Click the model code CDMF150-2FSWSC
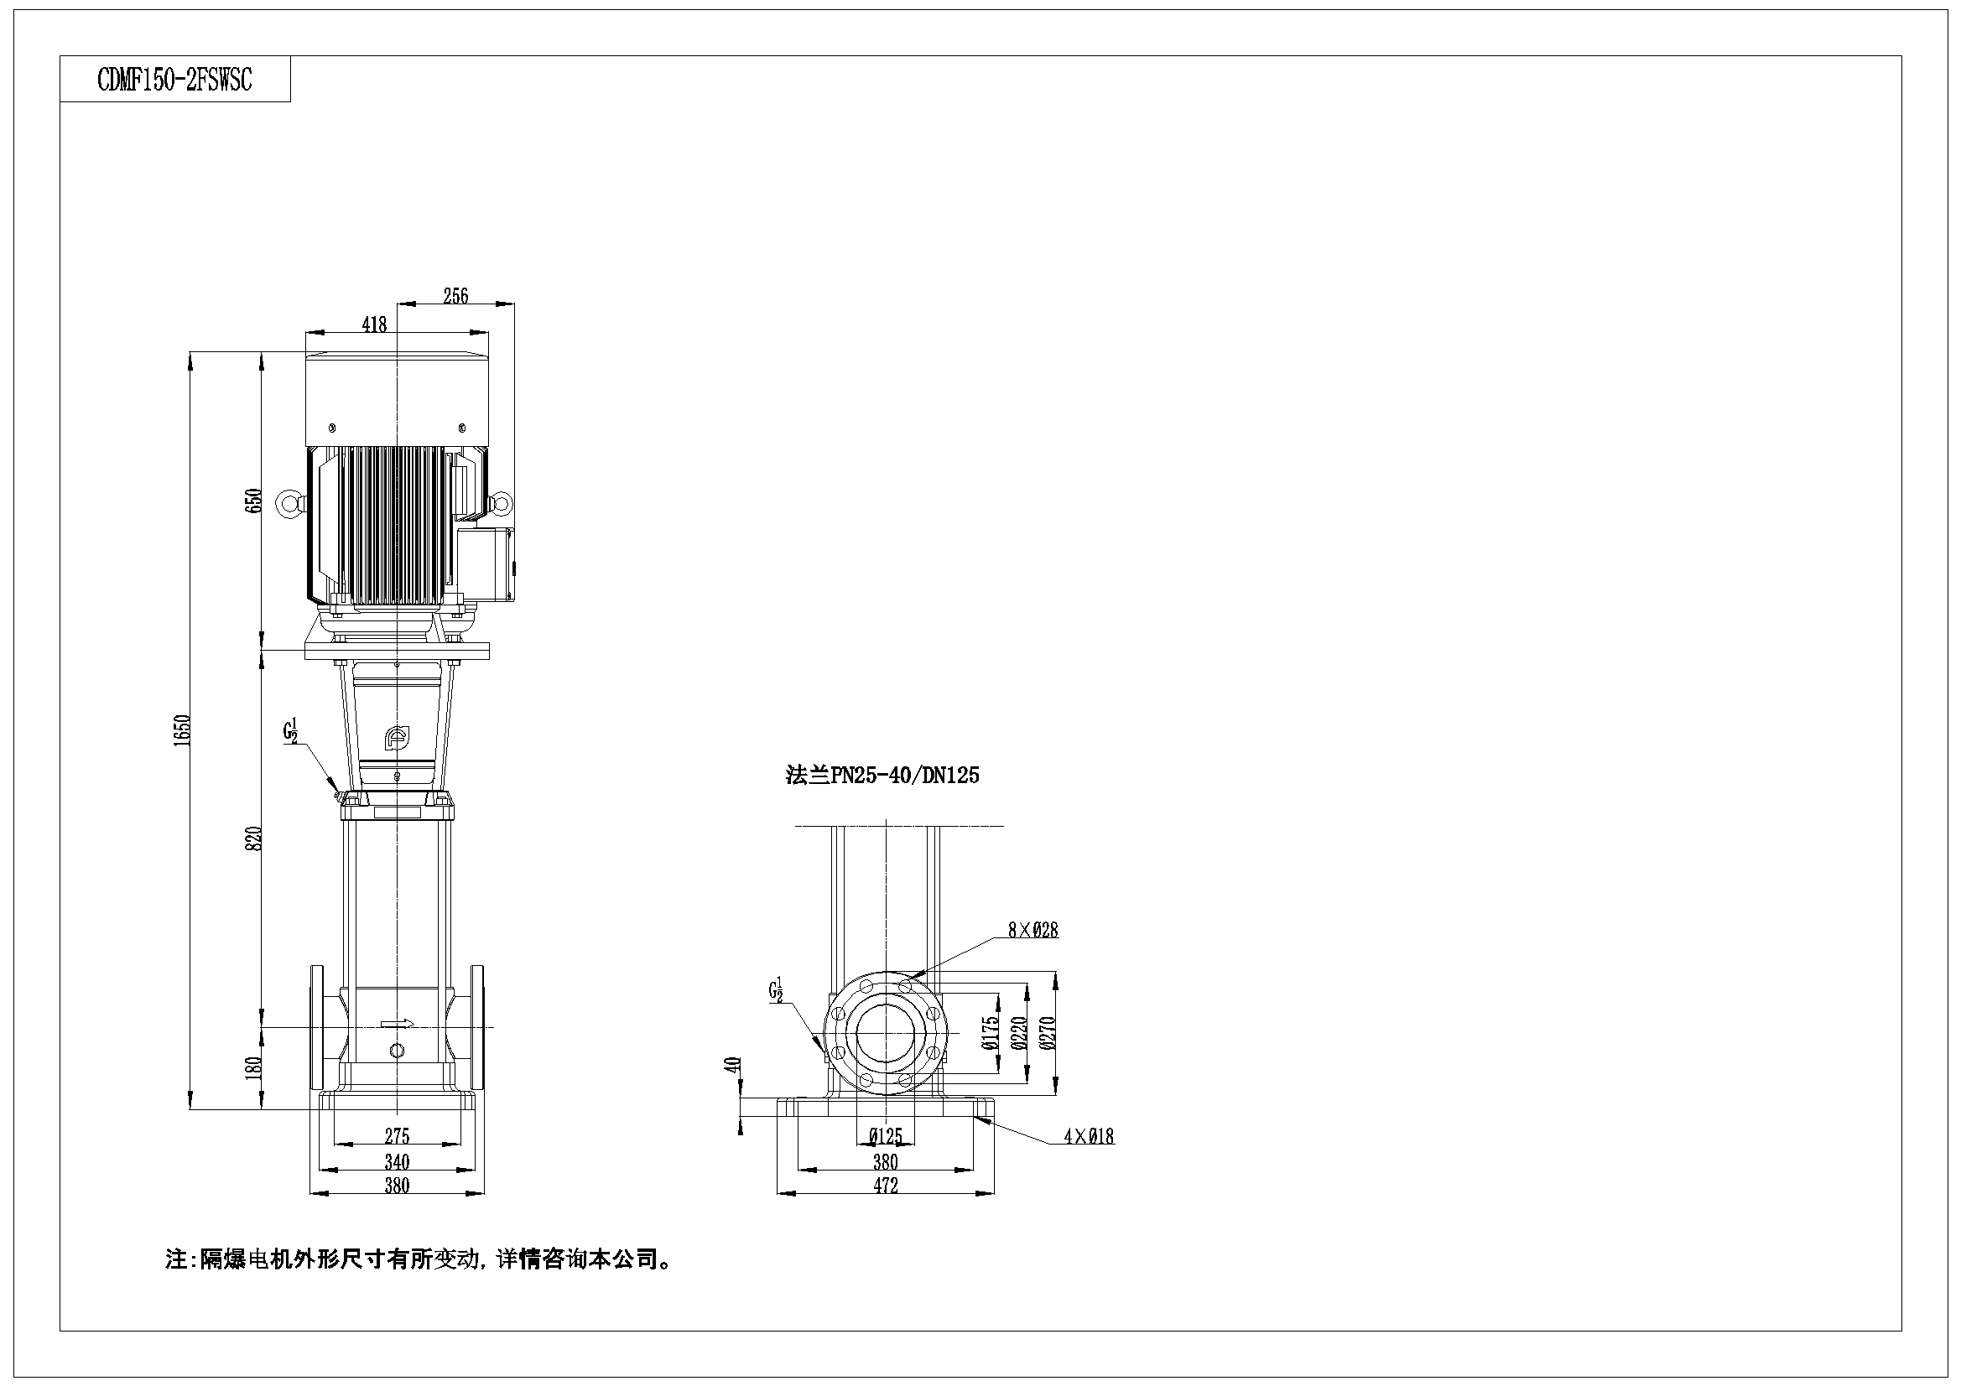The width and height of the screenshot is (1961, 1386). (x=174, y=80)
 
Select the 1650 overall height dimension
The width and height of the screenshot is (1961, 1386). (x=181, y=731)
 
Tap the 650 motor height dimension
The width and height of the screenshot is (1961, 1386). (x=252, y=501)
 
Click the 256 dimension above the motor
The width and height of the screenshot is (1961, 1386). (x=456, y=295)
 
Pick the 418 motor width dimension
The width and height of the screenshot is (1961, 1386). (x=374, y=324)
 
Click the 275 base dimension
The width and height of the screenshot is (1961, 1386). (x=398, y=1136)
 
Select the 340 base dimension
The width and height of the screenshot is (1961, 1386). (x=398, y=1161)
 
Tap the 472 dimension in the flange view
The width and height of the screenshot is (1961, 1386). (x=886, y=1186)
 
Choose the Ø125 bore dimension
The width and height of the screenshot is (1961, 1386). (x=886, y=1137)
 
